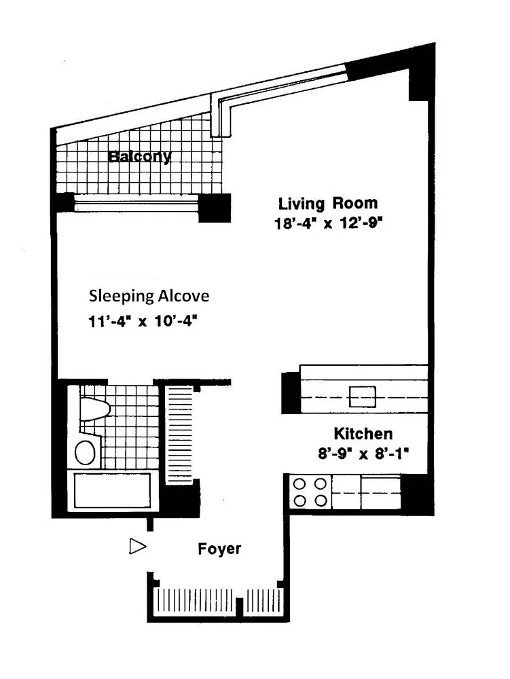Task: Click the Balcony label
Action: pyautogui.click(x=139, y=156)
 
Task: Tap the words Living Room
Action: pyautogui.click(x=328, y=203)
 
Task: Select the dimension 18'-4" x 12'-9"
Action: pyautogui.click(x=329, y=223)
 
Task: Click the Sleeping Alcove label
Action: pyautogui.click(x=149, y=296)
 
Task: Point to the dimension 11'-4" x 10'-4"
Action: pyautogui.click(x=143, y=321)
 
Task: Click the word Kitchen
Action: pyautogui.click(x=363, y=433)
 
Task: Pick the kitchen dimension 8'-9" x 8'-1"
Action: pyautogui.click(x=363, y=454)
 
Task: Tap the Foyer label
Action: pyautogui.click(x=219, y=549)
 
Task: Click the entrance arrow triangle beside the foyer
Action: pyautogui.click(x=137, y=547)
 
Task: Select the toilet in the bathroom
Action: pyautogui.click(x=94, y=409)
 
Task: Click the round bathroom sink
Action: pyautogui.click(x=86, y=453)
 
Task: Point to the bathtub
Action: pyautogui.click(x=113, y=491)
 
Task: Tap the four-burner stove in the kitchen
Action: pyautogui.click(x=310, y=492)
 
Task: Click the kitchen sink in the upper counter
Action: pyautogui.click(x=363, y=397)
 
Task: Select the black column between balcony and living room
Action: pyautogui.click(x=215, y=208)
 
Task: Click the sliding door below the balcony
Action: pyautogui.click(x=136, y=203)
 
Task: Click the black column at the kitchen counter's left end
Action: pyautogui.click(x=291, y=392)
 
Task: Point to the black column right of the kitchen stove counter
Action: pyautogui.click(x=417, y=494)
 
